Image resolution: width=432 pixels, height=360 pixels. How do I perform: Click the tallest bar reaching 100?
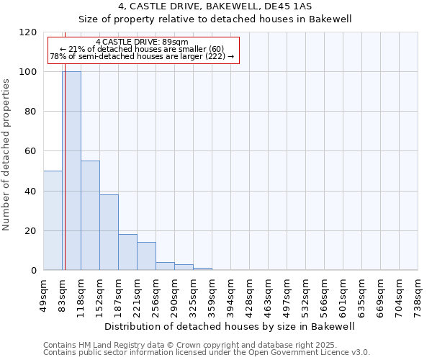tap(71, 171)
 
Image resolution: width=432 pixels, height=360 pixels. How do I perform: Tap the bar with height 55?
tap(90, 215)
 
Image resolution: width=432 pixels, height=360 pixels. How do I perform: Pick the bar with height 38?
tap(109, 233)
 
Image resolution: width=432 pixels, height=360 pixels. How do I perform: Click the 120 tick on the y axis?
tap(29, 32)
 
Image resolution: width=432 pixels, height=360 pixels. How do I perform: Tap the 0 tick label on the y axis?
tap(34, 271)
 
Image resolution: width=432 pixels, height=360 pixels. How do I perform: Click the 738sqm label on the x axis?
tap(418, 294)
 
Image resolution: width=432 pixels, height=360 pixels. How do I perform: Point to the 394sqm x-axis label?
tap(231, 294)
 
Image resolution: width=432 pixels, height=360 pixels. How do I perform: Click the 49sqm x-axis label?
tap(44, 294)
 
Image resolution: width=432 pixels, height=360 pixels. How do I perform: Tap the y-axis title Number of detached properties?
tap(7, 155)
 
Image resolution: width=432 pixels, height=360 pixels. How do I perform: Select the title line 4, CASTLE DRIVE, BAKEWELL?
tap(215, 6)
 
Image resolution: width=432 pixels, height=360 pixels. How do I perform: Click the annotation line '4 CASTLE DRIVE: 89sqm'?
tap(141, 42)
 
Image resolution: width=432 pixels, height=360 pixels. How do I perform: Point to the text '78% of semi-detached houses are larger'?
tap(129, 56)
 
